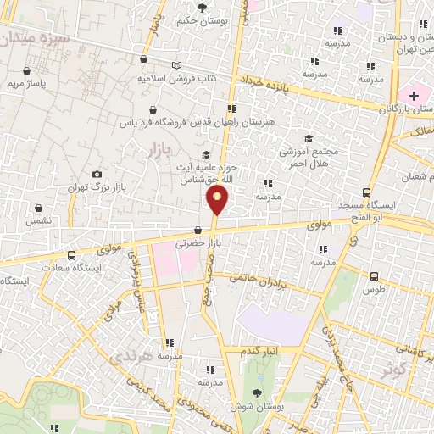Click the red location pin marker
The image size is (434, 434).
(218, 201)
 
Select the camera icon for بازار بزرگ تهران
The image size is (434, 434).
(96, 174)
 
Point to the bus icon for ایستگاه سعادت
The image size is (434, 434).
(70, 254)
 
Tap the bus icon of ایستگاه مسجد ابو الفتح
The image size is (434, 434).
(366, 192)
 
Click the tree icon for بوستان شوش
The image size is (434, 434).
(257, 392)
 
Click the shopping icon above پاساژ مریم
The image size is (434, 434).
(28, 71)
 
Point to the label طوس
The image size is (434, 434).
(373, 289)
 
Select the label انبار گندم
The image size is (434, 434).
(258, 350)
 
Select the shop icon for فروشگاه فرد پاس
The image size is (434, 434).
(152, 109)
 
